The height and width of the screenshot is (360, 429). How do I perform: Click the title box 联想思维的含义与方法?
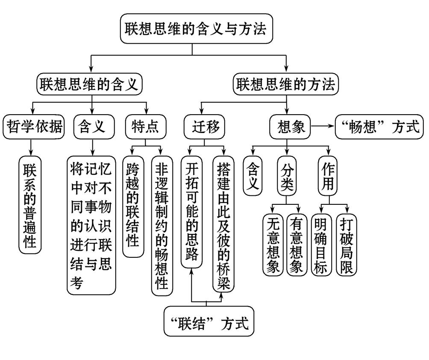click(195, 29)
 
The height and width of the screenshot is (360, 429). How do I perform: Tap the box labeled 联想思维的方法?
click(286, 83)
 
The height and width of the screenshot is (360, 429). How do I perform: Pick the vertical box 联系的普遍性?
click(30, 205)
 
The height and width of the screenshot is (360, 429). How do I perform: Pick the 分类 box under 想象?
click(286, 176)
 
